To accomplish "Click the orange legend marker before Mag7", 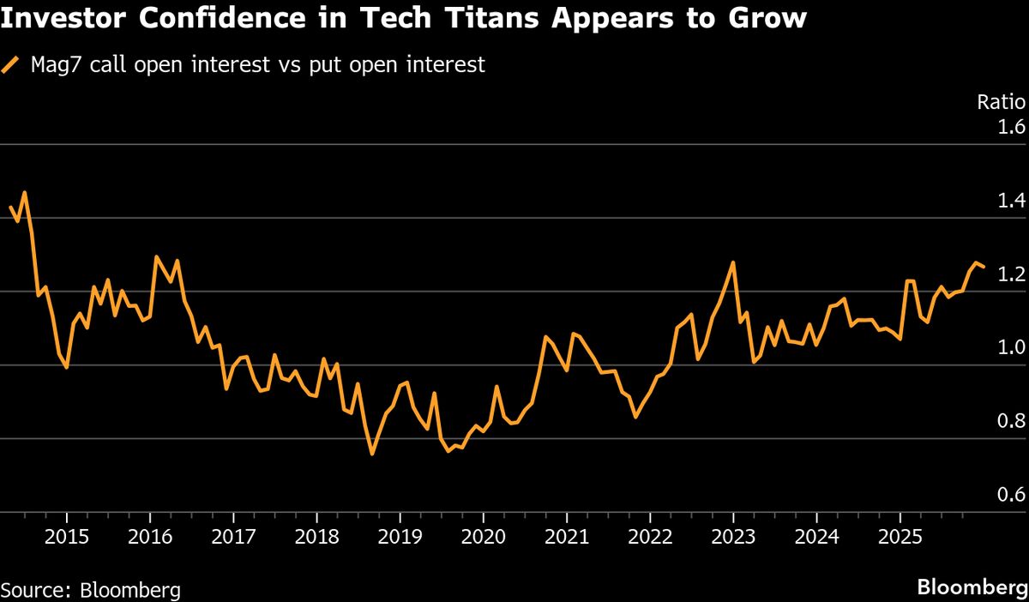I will click(11, 65).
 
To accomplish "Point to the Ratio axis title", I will click(1002, 102).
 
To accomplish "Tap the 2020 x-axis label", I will click(484, 536).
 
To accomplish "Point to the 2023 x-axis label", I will click(733, 536).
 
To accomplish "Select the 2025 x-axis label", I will click(900, 536).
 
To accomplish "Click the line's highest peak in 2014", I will click(24, 193).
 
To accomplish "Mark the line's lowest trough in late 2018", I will click(372, 454).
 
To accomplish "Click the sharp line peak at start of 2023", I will click(733, 263).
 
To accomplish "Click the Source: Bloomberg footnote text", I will click(91, 590).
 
